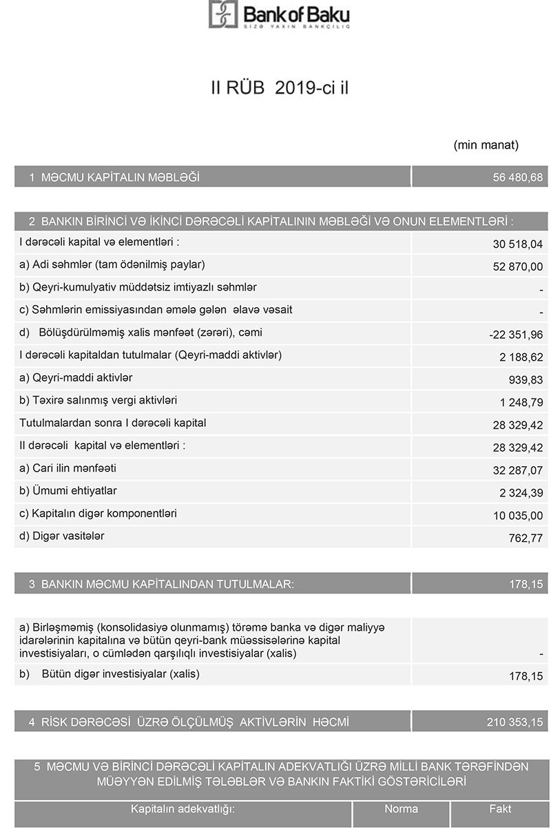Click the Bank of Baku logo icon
222,14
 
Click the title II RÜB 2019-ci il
279,88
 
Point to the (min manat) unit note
486,145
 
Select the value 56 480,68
518,178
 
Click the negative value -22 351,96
516,335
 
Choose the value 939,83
526,381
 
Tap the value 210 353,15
514,722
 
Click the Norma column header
401,809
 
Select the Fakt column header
500,809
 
